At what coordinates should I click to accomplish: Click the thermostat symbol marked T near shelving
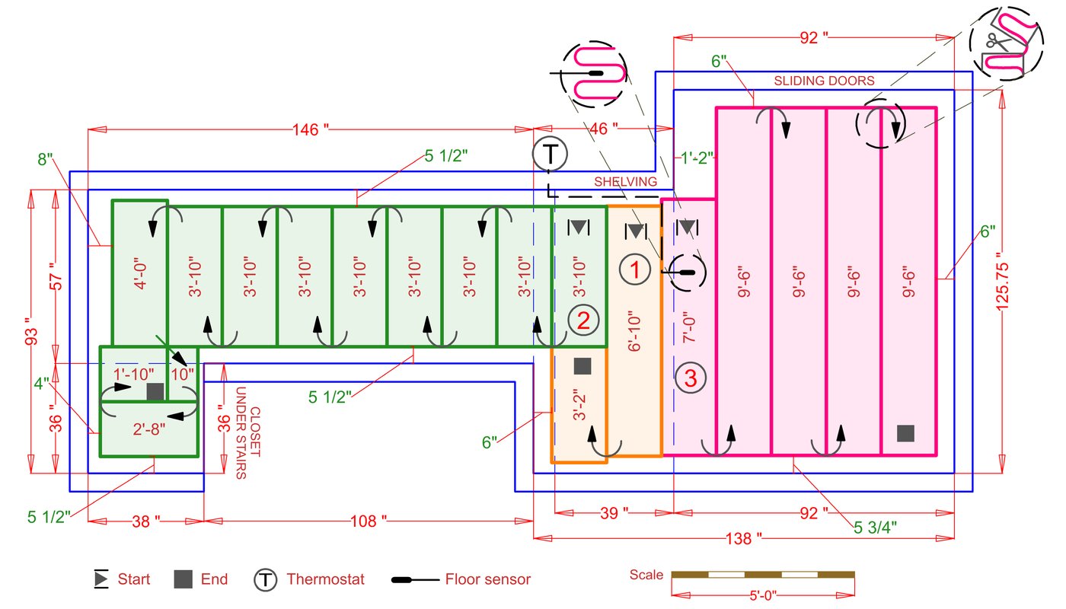tap(547, 153)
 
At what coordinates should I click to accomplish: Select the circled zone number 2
tap(583, 320)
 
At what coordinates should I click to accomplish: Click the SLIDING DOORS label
tap(825, 80)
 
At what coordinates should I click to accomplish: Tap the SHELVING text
tap(626, 181)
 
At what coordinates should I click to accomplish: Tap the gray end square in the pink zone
tap(905, 433)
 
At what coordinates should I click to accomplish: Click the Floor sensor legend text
tap(488, 579)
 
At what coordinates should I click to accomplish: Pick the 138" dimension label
tap(744, 538)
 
